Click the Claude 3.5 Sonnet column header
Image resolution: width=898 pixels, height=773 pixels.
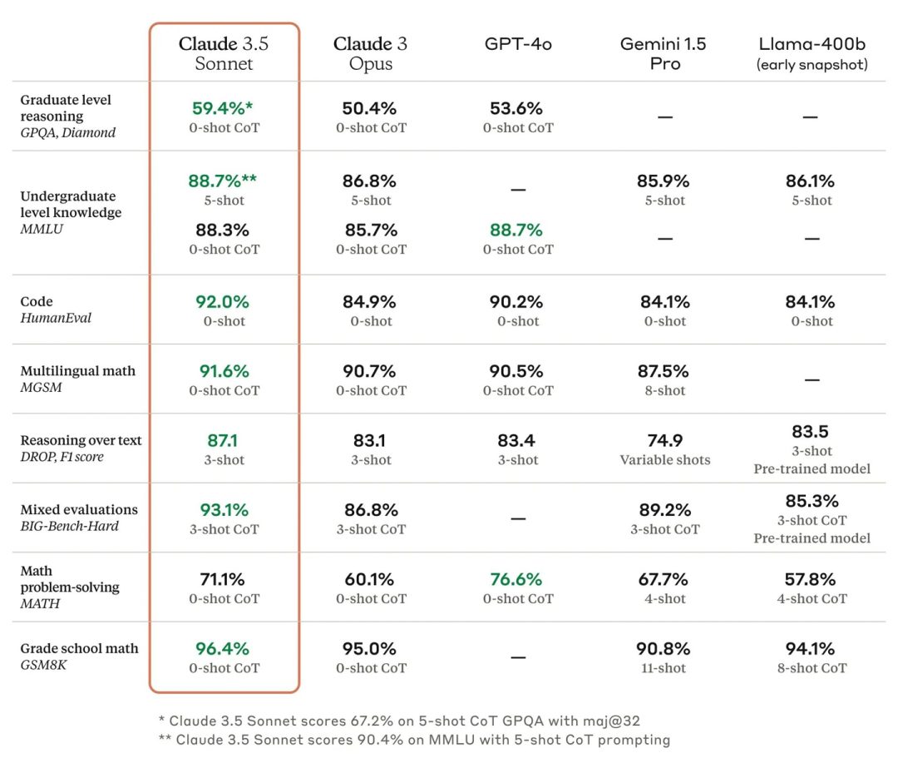(x=224, y=53)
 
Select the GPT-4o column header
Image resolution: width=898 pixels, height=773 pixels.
(x=517, y=44)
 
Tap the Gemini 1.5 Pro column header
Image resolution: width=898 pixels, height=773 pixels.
(x=664, y=53)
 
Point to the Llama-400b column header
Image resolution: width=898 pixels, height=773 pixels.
(x=812, y=53)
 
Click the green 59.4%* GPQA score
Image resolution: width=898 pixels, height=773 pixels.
(x=223, y=108)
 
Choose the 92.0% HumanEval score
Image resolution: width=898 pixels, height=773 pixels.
(x=223, y=302)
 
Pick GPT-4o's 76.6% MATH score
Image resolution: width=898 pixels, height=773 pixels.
(x=516, y=579)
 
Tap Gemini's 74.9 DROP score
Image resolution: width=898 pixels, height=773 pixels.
(x=664, y=441)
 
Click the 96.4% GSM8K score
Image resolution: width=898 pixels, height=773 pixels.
(x=223, y=648)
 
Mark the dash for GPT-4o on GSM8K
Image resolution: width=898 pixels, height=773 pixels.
(x=517, y=657)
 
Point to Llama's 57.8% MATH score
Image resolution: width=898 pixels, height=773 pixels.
(x=812, y=579)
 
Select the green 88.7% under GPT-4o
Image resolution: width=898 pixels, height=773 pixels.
(x=516, y=230)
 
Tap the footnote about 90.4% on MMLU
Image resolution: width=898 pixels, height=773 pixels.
(x=413, y=739)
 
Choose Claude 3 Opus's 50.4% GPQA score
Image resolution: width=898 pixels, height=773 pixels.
(x=370, y=108)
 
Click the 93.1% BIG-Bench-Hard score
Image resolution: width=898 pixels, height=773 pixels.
(x=223, y=510)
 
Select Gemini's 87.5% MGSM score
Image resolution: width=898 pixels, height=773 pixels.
(x=664, y=371)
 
